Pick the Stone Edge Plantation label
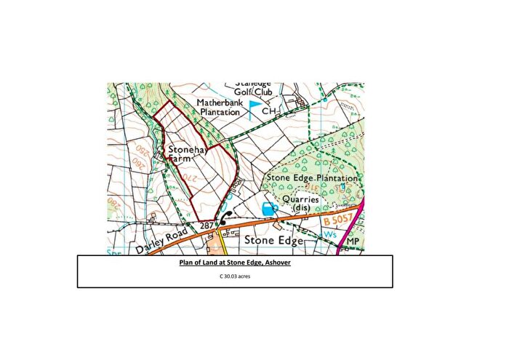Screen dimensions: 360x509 313,178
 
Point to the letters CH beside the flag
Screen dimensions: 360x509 270,112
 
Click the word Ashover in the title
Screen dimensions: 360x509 275,263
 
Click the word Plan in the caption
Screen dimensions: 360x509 187,263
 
